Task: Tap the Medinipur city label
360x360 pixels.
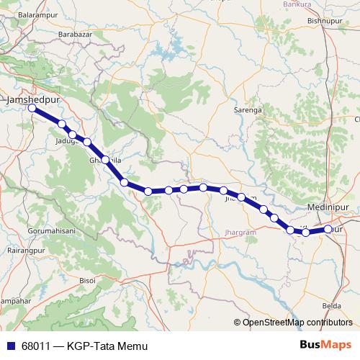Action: (x=328, y=207)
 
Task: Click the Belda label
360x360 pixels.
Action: (x=332, y=305)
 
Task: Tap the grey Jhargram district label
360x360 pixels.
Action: (x=240, y=233)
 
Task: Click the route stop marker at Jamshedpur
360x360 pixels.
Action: (x=32, y=108)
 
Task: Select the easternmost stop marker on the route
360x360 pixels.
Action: (x=328, y=229)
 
